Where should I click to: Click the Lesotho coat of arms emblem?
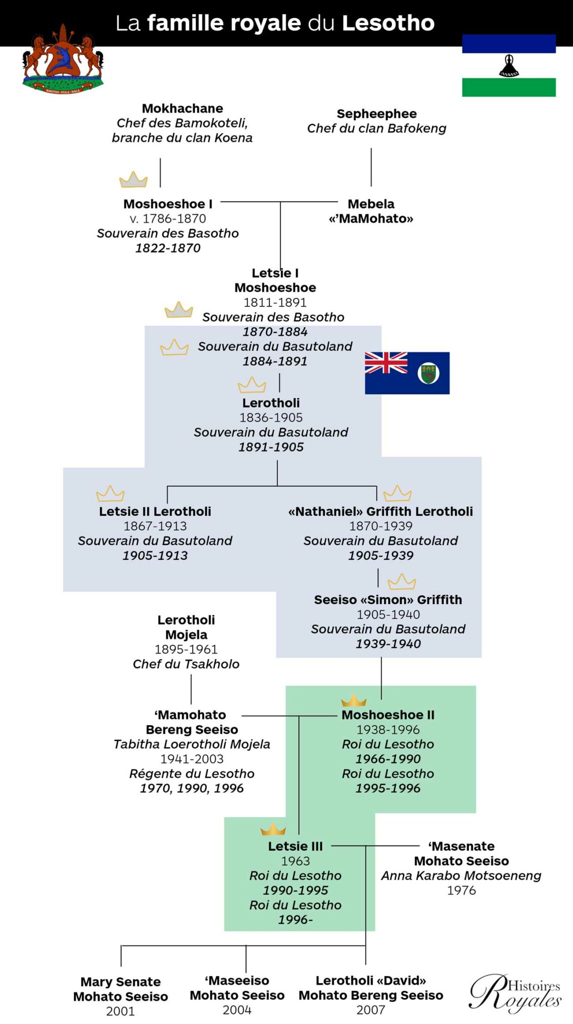click(63, 59)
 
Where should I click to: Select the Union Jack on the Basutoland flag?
click(386, 363)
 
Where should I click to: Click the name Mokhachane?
click(182, 108)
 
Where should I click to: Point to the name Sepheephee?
click(376, 114)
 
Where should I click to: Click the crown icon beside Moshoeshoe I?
click(134, 179)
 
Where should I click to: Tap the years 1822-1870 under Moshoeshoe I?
click(168, 248)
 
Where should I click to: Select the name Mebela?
click(371, 204)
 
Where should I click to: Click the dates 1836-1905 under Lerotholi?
click(271, 417)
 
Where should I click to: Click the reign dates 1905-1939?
click(380, 555)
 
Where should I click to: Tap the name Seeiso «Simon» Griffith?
click(388, 600)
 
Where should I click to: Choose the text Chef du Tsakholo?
click(186, 664)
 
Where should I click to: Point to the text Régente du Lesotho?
click(192, 773)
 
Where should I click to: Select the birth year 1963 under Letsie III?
click(295, 861)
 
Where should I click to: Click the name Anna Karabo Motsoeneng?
click(461, 875)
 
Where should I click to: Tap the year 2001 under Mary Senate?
click(120, 1011)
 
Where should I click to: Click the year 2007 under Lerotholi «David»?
click(370, 1009)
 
